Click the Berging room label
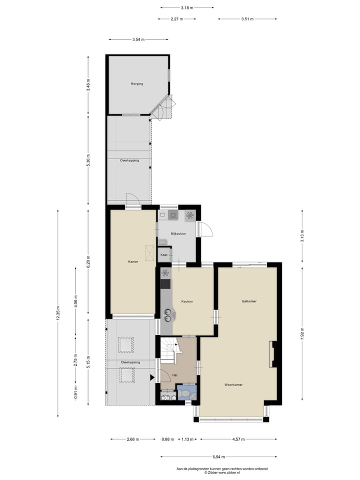(137, 84)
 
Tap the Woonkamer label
(233, 384)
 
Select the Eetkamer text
(249, 301)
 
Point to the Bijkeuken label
(178, 233)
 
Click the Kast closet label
(164, 255)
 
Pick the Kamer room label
(132, 261)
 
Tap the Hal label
(175, 374)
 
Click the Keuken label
(187, 301)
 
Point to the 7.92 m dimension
(302, 333)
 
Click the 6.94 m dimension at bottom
(218, 457)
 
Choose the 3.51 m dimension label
(247, 19)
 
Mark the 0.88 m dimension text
(167, 439)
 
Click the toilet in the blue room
(186, 394)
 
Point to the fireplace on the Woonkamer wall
(272, 354)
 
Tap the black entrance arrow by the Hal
(153, 377)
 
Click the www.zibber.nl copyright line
(222, 472)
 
